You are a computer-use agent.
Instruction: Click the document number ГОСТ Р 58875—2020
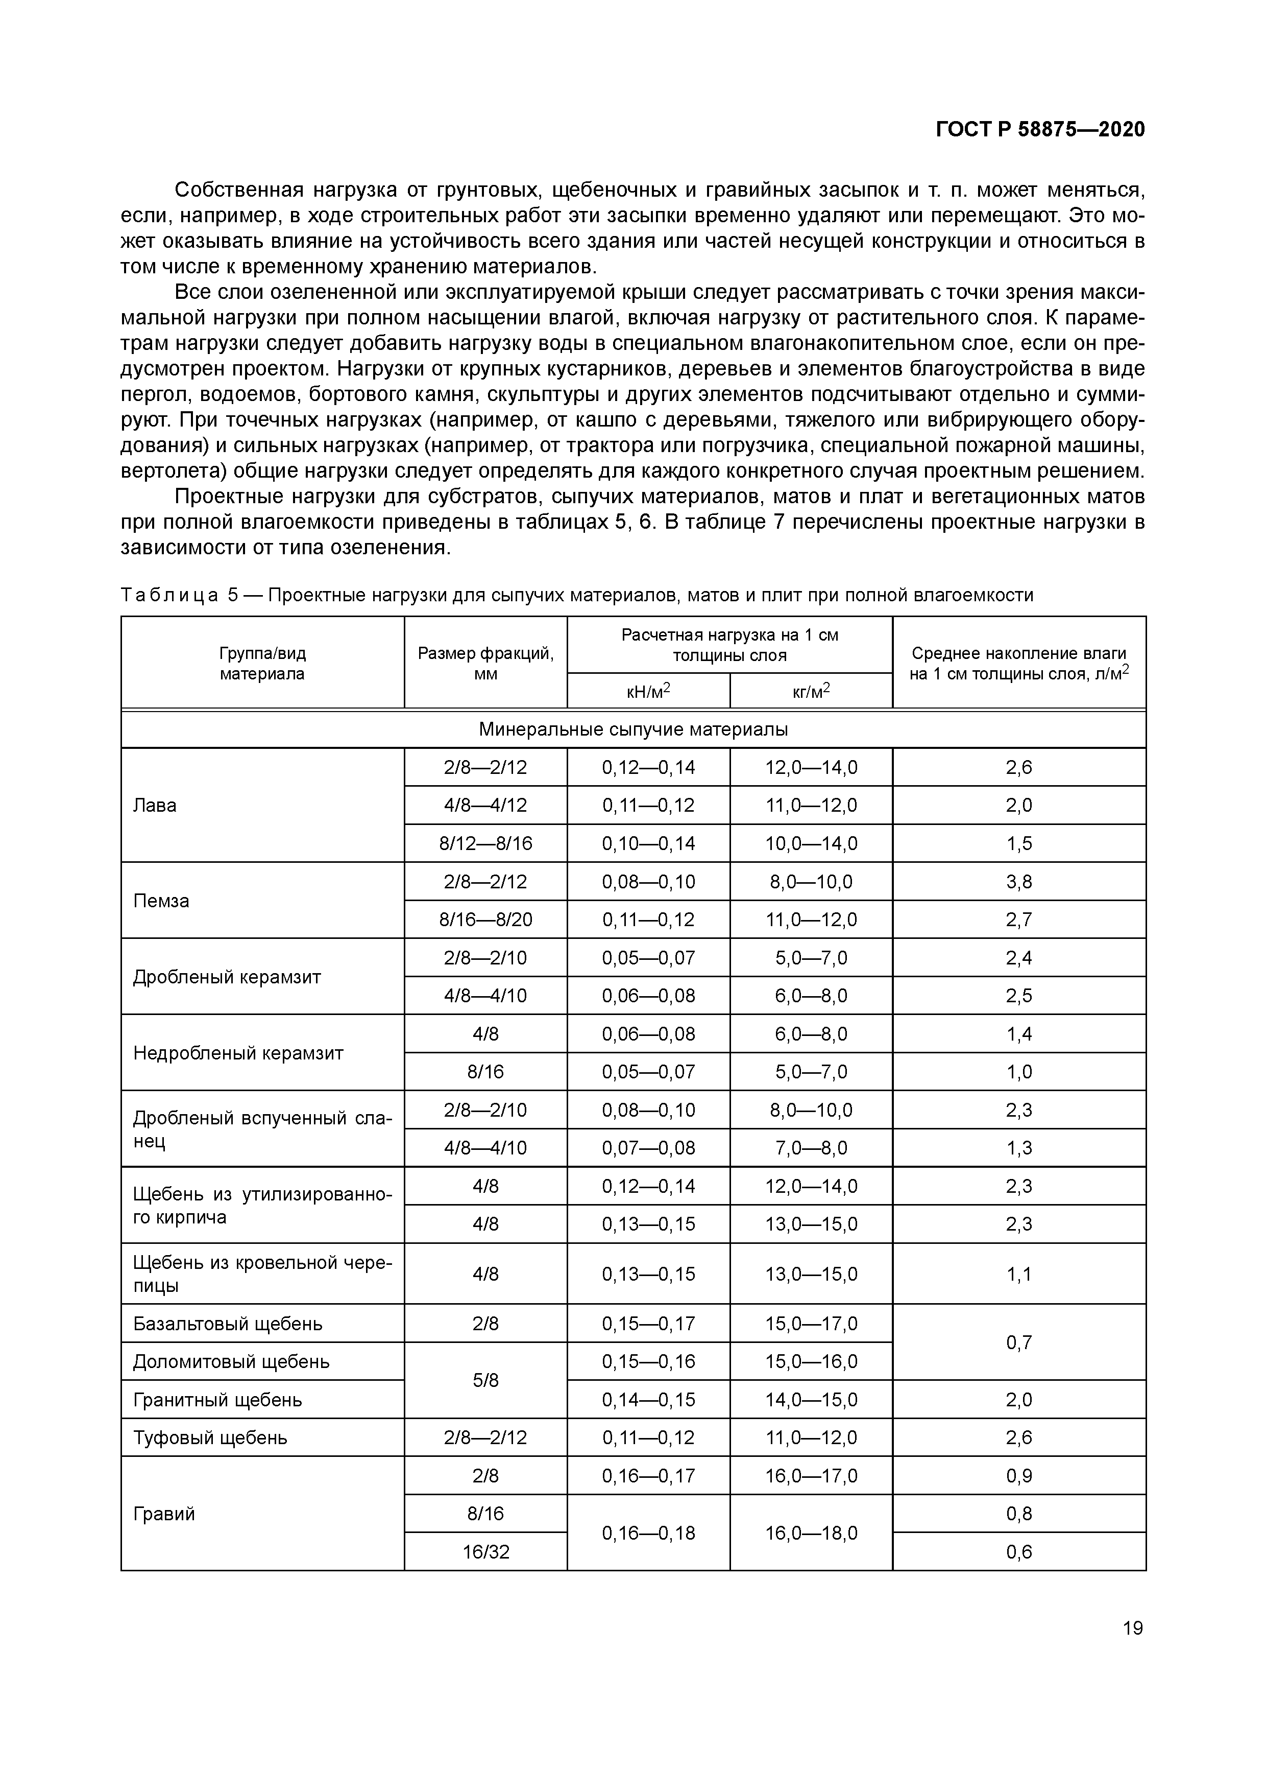tap(1040, 130)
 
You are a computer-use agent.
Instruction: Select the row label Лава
tap(155, 806)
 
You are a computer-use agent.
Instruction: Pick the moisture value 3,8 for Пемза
tap(1019, 882)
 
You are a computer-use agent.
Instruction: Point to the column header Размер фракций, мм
tap(485, 663)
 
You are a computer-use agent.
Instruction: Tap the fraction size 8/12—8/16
tap(485, 844)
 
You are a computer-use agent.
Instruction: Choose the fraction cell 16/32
tap(485, 1551)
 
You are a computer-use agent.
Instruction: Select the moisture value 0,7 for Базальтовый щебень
tap(1019, 1342)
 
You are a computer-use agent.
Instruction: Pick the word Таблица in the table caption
tap(169, 596)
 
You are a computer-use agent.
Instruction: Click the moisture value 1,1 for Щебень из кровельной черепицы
tap(1019, 1275)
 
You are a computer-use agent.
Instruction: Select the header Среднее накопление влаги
tap(1019, 653)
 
